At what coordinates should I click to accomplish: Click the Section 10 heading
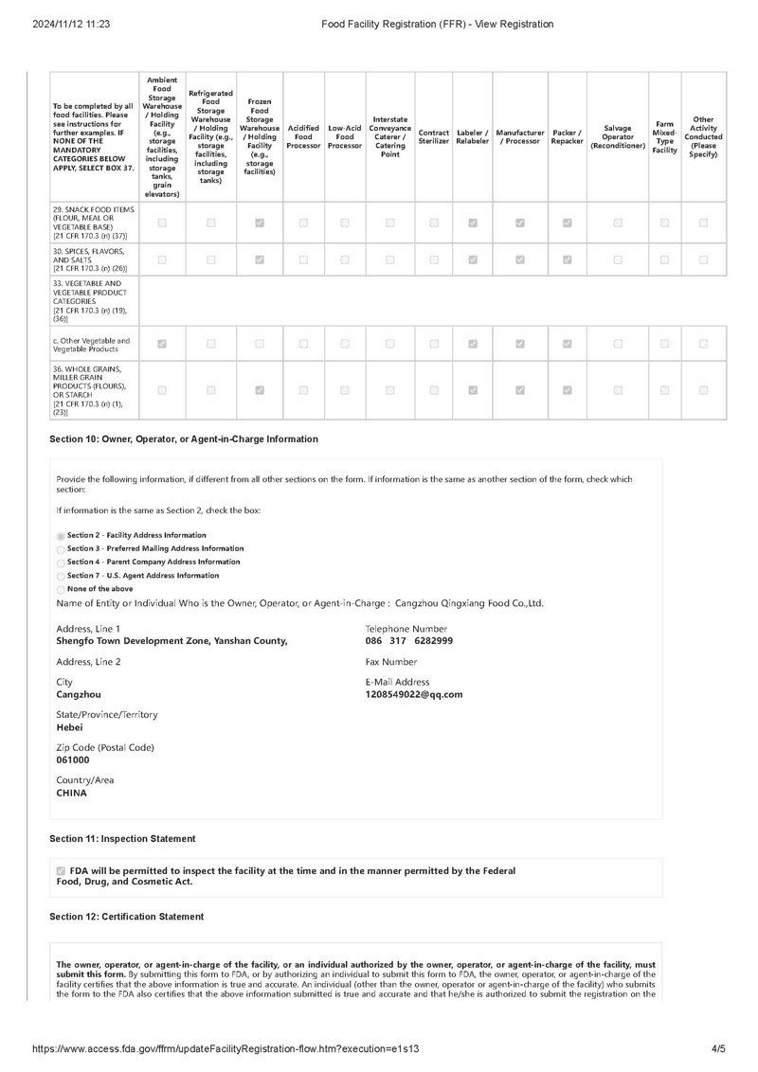tap(184, 439)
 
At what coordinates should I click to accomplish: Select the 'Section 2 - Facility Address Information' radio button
tap(62, 536)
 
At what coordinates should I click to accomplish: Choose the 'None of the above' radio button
tap(62, 589)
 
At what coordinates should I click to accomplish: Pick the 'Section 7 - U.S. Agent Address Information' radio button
tap(62, 576)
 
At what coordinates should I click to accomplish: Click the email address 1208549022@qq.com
tap(413, 695)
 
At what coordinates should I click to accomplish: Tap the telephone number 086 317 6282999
tap(409, 641)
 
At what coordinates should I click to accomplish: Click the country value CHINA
tap(71, 794)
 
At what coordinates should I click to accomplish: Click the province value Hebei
tap(69, 727)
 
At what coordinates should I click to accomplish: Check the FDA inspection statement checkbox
tap(62, 871)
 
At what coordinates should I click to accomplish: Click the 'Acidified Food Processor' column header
tap(303, 136)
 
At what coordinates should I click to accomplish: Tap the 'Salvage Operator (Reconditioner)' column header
tap(617, 136)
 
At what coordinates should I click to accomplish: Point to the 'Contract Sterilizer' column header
tap(433, 136)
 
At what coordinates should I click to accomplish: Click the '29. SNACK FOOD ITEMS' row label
tap(94, 223)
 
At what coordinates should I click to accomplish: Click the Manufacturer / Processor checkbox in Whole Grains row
tap(520, 389)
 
